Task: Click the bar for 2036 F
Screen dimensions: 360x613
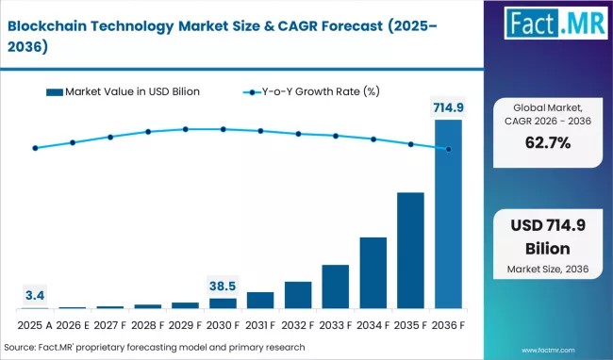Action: [x=448, y=214]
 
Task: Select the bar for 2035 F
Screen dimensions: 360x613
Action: [x=410, y=251]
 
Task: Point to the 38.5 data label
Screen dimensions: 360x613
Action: [x=223, y=285]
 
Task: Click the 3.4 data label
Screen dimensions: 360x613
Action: [x=35, y=296]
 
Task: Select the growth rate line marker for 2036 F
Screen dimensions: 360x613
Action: [x=448, y=149]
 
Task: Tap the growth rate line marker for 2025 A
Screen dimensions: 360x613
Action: [x=35, y=148]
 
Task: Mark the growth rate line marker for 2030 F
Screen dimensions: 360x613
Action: [x=223, y=129]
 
